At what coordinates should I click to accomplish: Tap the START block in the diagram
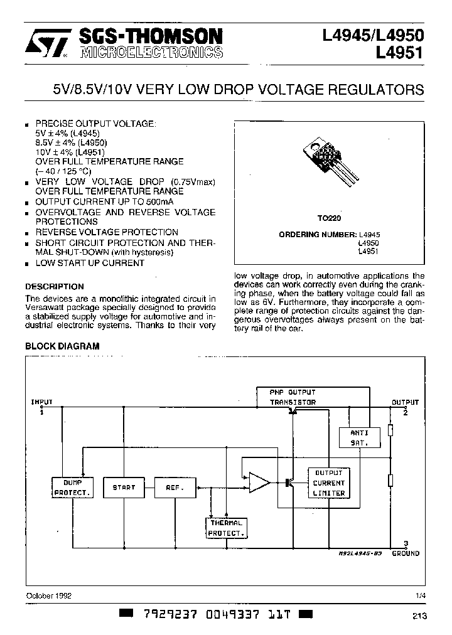click(124, 487)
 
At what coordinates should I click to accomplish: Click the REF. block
click(174, 487)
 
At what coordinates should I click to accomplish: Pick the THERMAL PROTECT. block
click(226, 528)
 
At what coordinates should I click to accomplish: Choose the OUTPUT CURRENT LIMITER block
click(328, 483)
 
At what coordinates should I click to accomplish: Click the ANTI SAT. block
click(360, 437)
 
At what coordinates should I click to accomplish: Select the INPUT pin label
click(42, 402)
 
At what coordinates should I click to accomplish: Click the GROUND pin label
click(406, 553)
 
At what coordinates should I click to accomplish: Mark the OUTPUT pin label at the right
click(405, 402)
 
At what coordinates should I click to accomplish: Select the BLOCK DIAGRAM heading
click(62, 346)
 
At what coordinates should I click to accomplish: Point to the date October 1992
click(48, 595)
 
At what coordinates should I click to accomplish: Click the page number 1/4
click(419, 595)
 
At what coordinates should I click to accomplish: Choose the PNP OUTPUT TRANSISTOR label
click(293, 397)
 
